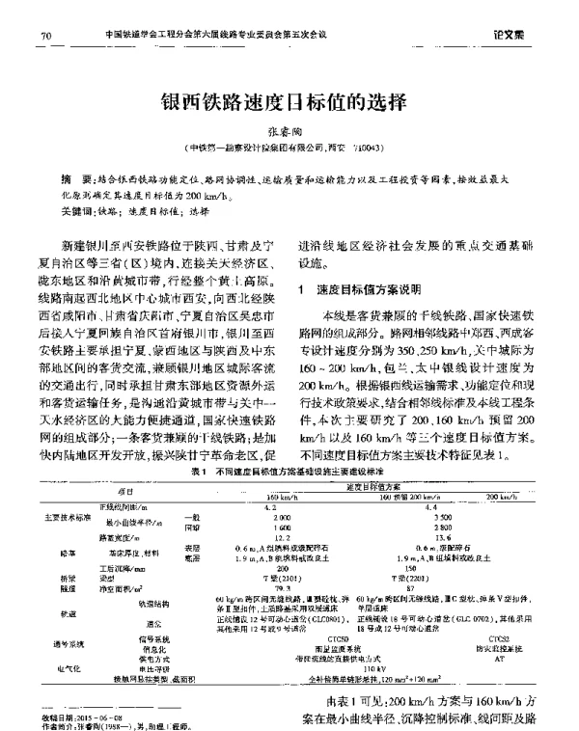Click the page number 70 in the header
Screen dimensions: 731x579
45,37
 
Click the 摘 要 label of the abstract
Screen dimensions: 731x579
72,179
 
